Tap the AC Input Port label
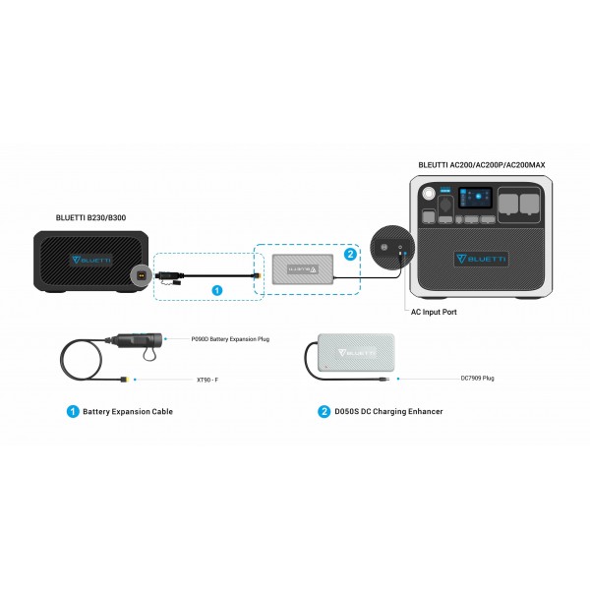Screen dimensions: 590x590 point(435,312)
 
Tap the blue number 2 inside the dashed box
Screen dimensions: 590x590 point(351,254)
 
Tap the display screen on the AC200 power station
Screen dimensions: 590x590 point(467,202)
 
